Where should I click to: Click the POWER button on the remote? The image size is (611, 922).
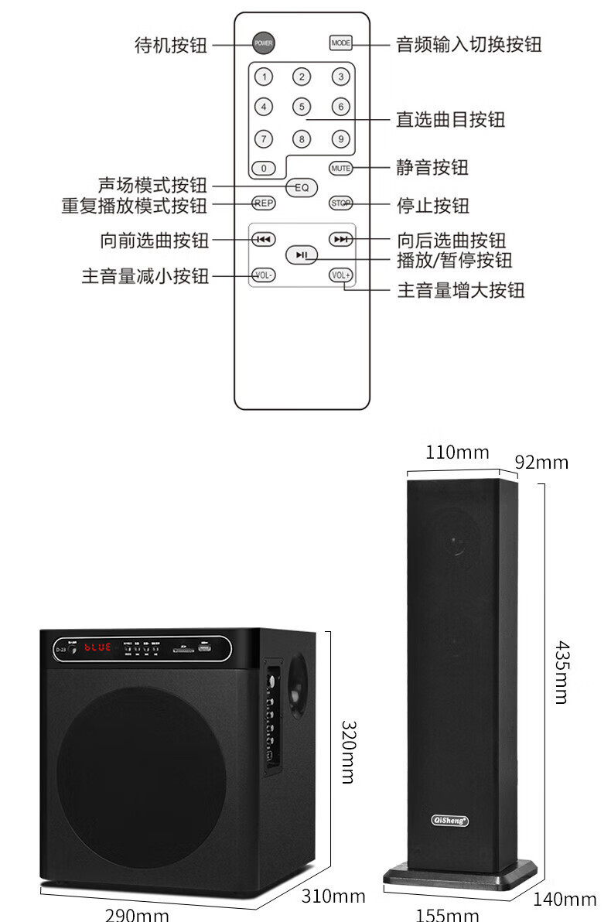tap(264, 43)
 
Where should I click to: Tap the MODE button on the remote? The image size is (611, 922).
tap(340, 43)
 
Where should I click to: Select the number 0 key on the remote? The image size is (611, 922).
tap(264, 168)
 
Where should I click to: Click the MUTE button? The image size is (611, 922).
tap(340, 168)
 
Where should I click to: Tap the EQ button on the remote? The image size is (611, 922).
tap(302, 187)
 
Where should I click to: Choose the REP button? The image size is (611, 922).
tap(264, 203)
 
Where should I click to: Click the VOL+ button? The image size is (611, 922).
tap(340, 275)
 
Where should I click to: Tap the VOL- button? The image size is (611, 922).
tap(264, 275)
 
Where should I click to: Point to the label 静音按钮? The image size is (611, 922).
tap(432, 167)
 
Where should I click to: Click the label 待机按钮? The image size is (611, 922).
tap(171, 45)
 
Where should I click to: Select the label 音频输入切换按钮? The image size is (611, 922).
tap(469, 44)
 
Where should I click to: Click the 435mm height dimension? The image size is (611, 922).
tap(562, 671)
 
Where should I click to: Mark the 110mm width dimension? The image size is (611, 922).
tap(457, 452)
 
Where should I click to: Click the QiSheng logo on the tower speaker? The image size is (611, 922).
tap(449, 821)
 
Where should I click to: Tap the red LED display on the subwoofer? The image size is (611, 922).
tap(97, 647)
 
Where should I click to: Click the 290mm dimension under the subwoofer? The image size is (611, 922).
tap(137, 915)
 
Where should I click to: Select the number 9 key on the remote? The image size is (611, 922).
tap(340, 139)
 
